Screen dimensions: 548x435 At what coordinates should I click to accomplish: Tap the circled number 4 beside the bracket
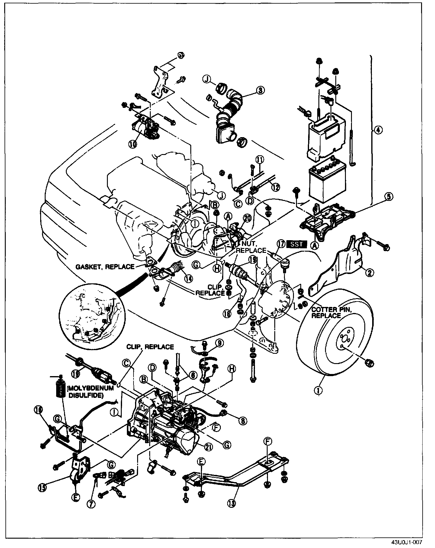pyautogui.click(x=378, y=130)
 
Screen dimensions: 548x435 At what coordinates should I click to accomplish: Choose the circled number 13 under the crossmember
pyautogui.click(x=232, y=504)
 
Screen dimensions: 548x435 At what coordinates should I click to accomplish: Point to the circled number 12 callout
pyautogui.click(x=275, y=187)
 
